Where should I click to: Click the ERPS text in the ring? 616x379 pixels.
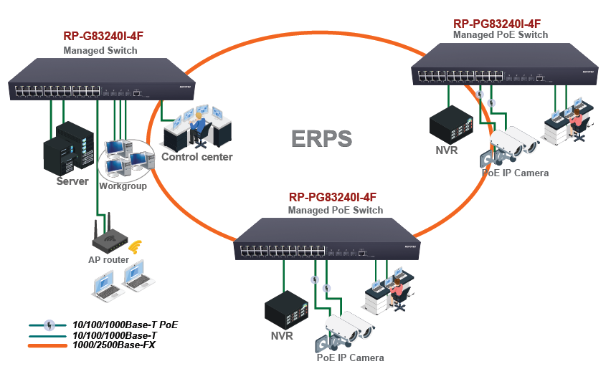[x=322, y=138]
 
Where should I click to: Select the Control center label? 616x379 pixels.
[x=197, y=157]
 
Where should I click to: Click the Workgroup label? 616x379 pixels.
[x=123, y=186]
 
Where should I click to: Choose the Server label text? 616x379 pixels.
[x=72, y=181]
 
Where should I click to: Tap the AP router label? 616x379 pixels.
[x=108, y=260]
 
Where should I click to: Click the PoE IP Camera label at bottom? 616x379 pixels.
[x=350, y=358]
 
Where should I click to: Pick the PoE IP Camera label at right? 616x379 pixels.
[x=515, y=173]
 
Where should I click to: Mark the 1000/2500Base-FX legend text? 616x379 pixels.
[x=114, y=345]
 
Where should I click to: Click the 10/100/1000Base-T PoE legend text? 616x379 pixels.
[x=125, y=325]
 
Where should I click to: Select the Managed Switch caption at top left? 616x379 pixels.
[x=100, y=51]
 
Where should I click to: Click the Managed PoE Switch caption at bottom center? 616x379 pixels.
[x=335, y=211]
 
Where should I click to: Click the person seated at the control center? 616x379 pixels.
[x=197, y=128]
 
